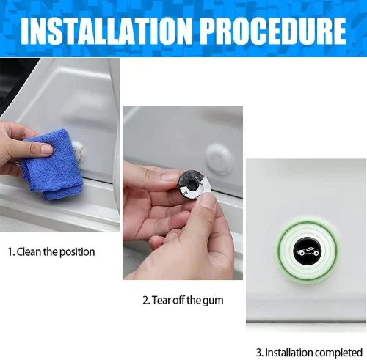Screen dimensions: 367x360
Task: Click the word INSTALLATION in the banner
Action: click(x=106, y=31)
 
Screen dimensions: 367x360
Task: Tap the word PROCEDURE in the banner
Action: click(x=273, y=31)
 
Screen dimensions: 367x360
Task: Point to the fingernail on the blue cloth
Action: click(x=47, y=149)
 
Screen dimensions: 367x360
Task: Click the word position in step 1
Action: click(x=77, y=252)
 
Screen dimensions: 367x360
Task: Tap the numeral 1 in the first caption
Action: click(x=10, y=252)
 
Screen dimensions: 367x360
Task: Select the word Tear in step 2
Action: click(x=161, y=301)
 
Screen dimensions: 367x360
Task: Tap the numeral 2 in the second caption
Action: click(x=146, y=301)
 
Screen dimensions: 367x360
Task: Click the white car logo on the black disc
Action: click(x=308, y=251)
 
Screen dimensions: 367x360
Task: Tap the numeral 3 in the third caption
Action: click(x=259, y=353)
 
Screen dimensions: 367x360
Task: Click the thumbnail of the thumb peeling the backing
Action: click(x=208, y=203)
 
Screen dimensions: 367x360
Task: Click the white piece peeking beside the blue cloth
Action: click(x=79, y=149)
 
